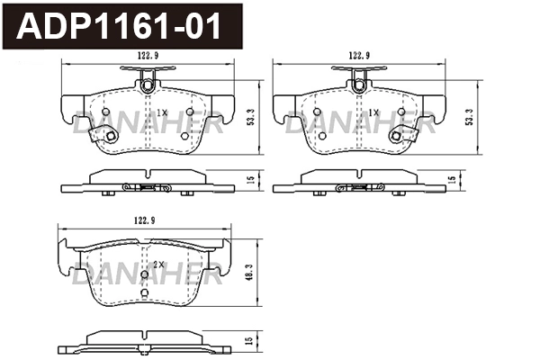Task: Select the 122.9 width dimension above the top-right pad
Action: point(359,56)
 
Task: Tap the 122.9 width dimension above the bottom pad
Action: point(135,220)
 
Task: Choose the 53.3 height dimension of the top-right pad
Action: point(469,116)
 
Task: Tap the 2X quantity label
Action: point(158,264)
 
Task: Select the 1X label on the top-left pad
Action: point(162,112)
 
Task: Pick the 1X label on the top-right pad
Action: point(374,112)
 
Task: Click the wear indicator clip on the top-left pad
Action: point(109,137)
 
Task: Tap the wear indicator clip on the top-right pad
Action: point(396,137)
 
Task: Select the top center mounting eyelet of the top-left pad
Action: point(146,85)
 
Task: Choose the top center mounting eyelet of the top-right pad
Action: point(359,85)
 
